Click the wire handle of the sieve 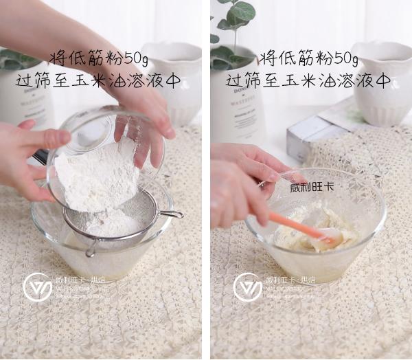[172, 215]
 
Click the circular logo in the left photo [37, 287]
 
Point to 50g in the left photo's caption [136, 57]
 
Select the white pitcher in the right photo [382, 82]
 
